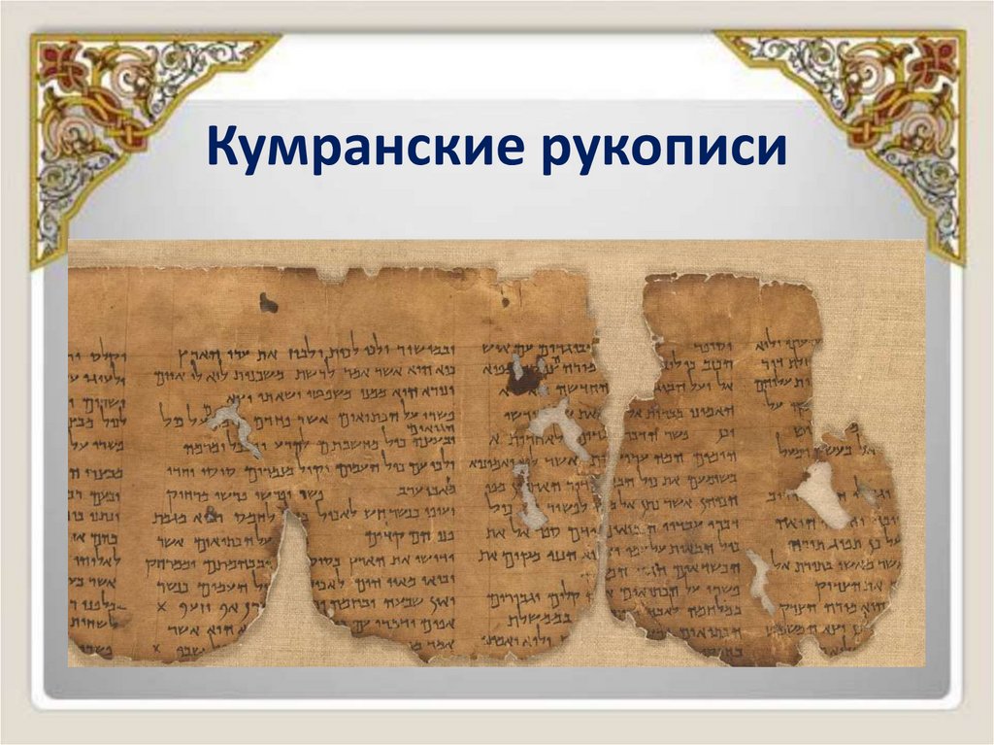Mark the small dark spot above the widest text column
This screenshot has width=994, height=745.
point(268,304)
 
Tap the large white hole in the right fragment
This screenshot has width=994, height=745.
point(820,495)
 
